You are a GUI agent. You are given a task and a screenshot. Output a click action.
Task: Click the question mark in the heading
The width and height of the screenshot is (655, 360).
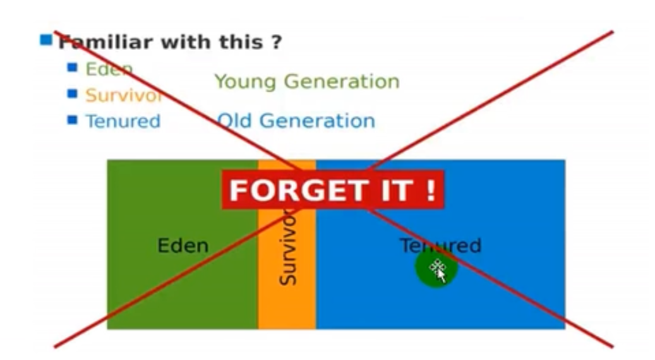tap(276, 42)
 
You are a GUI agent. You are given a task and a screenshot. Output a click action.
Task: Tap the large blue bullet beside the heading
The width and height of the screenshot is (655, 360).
tap(46, 40)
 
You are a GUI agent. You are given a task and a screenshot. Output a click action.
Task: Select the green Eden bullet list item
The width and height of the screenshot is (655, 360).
tap(109, 69)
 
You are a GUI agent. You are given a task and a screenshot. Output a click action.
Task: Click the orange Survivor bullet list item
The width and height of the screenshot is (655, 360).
tap(123, 95)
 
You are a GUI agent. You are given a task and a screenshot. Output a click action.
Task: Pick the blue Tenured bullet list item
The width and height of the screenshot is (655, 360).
tap(123, 121)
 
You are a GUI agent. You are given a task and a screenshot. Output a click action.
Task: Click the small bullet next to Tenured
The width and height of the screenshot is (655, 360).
tap(72, 120)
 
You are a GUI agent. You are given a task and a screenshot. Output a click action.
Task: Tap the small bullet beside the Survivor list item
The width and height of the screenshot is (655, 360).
tap(72, 93)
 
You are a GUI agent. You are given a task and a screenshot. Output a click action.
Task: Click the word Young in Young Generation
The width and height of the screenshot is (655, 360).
tap(245, 82)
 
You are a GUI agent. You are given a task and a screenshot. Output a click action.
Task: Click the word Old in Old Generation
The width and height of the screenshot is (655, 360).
tap(234, 121)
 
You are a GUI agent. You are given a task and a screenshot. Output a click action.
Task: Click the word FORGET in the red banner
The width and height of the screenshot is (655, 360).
tap(299, 191)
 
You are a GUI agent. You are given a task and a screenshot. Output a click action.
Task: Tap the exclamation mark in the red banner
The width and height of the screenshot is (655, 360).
tap(431, 190)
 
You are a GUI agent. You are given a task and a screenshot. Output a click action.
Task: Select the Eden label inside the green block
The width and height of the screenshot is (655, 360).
tap(183, 246)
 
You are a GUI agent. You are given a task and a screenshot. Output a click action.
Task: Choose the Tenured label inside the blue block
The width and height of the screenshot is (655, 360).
tap(441, 246)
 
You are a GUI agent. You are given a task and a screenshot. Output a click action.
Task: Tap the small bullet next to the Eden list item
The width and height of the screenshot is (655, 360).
tap(72, 67)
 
